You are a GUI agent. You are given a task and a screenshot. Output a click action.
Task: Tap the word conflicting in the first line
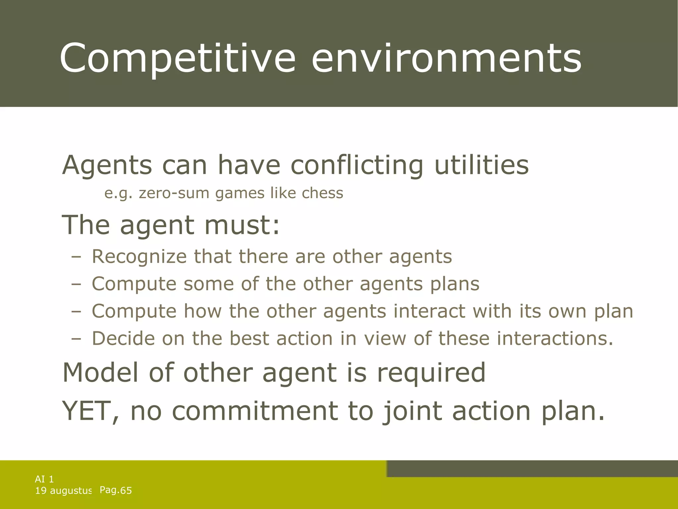click(357, 165)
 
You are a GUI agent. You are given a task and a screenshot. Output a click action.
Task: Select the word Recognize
click(139, 257)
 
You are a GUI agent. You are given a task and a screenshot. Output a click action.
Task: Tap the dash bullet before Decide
click(76, 339)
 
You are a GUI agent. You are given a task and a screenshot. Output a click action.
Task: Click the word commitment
click(255, 411)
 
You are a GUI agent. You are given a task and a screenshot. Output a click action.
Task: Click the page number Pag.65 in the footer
click(116, 490)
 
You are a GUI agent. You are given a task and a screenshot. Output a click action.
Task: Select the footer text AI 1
click(44, 479)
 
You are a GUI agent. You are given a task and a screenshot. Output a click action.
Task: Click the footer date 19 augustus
click(63, 491)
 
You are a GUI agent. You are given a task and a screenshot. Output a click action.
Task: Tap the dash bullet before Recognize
click(76, 257)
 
